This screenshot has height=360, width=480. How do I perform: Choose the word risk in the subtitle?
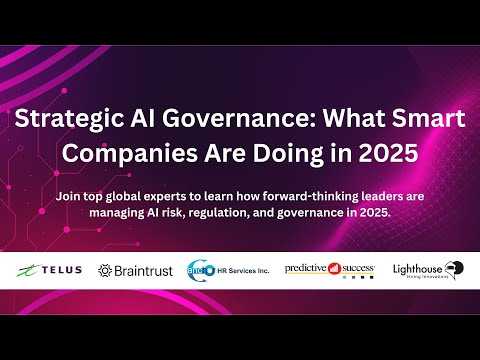coord(177,213)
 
